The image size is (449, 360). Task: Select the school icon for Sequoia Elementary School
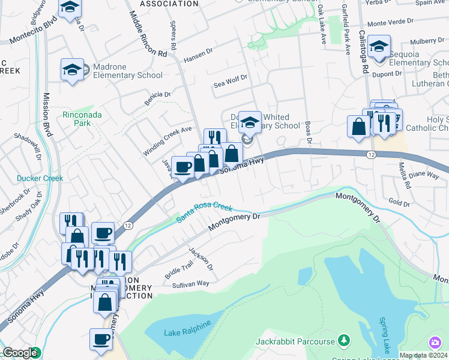(379, 46)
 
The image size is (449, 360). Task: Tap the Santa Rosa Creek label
(204, 213)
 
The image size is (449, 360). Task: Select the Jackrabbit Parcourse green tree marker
(343, 341)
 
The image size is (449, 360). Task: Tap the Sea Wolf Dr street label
(231, 82)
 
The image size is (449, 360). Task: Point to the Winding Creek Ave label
(167, 142)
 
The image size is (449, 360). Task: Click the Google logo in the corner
(19, 353)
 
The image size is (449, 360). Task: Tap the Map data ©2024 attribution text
(423, 355)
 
